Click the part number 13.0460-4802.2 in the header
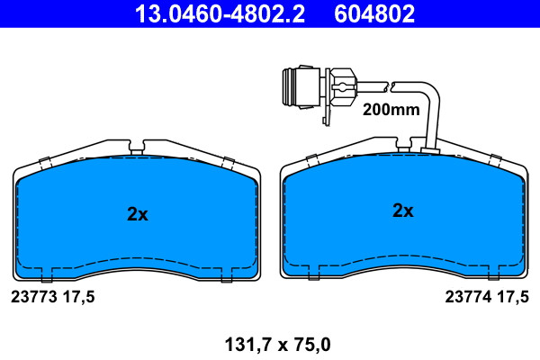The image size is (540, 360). (x=220, y=13)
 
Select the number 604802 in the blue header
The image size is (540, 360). (x=374, y=13)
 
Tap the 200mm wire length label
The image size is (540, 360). (x=391, y=110)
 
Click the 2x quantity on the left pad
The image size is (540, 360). (x=138, y=214)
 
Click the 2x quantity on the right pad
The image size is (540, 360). (x=403, y=210)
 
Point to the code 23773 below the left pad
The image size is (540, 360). (x=34, y=297)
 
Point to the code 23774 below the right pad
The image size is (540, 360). (x=468, y=297)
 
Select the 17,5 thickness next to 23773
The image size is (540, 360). (x=78, y=297)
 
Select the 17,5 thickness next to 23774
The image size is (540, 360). (x=513, y=297)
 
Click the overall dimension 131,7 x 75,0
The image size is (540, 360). (x=277, y=345)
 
